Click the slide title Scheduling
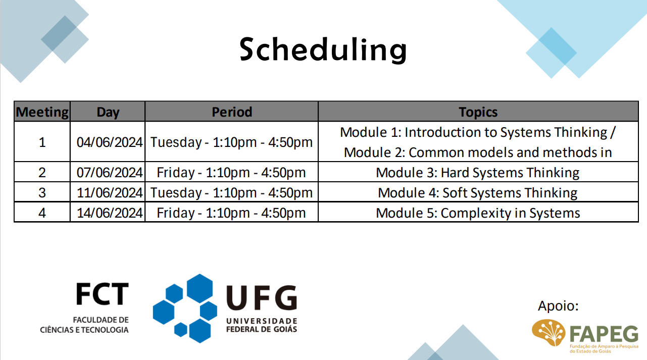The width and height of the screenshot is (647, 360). click(323, 49)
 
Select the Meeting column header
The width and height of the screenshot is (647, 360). click(42, 112)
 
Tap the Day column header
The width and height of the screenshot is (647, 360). click(108, 112)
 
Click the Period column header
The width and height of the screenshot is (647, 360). click(232, 112)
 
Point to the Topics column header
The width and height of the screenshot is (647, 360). click(478, 112)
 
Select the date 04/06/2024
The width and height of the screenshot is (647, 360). click(110, 142)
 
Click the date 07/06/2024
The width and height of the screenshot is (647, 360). click(110, 172)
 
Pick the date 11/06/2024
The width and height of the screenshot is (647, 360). click(110, 192)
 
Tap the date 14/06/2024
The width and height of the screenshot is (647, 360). click(110, 213)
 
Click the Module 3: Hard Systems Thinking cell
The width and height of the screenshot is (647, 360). click(478, 172)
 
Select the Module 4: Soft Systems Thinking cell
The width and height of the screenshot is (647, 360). click(478, 192)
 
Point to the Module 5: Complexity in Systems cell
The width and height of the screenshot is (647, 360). click(478, 213)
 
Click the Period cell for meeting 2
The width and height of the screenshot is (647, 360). click(231, 172)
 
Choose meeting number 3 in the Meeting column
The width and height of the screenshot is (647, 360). click(42, 192)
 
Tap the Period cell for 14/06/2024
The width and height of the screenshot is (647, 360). click(231, 213)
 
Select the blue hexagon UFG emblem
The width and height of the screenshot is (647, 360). click(185, 308)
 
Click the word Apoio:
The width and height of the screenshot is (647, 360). click(558, 306)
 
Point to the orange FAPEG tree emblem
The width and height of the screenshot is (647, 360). click(549, 332)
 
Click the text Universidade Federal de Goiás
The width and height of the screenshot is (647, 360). click(262, 325)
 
